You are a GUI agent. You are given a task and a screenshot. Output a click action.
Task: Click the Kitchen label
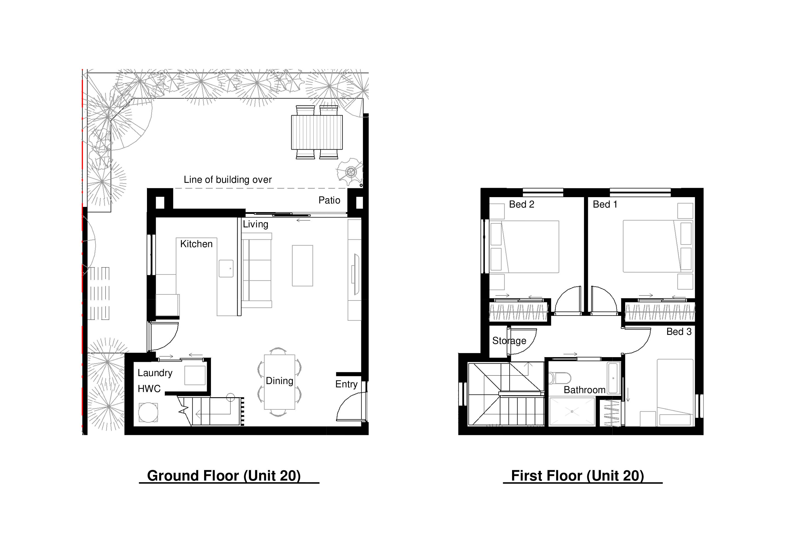(x=196, y=244)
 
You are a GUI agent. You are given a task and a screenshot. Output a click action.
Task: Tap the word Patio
(x=329, y=200)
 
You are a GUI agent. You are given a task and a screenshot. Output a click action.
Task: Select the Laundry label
(x=155, y=373)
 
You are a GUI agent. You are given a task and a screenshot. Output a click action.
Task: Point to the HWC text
(x=149, y=388)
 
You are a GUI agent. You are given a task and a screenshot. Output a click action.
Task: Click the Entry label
(x=346, y=384)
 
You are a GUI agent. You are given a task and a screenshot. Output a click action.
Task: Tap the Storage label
(x=509, y=341)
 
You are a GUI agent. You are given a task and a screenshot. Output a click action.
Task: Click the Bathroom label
(x=585, y=390)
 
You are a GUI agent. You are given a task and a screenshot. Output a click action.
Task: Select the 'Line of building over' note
(x=228, y=180)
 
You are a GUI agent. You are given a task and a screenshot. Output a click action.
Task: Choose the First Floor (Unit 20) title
(x=577, y=476)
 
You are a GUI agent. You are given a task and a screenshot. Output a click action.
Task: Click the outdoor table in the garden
(x=317, y=132)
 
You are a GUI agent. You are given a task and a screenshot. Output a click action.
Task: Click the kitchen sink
(x=226, y=268)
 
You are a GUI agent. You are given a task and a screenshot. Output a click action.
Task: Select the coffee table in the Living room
(x=302, y=265)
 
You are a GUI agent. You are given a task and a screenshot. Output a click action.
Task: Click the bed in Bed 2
(x=524, y=247)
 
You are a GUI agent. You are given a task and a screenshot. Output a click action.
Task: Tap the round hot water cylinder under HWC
(x=148, y=412)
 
